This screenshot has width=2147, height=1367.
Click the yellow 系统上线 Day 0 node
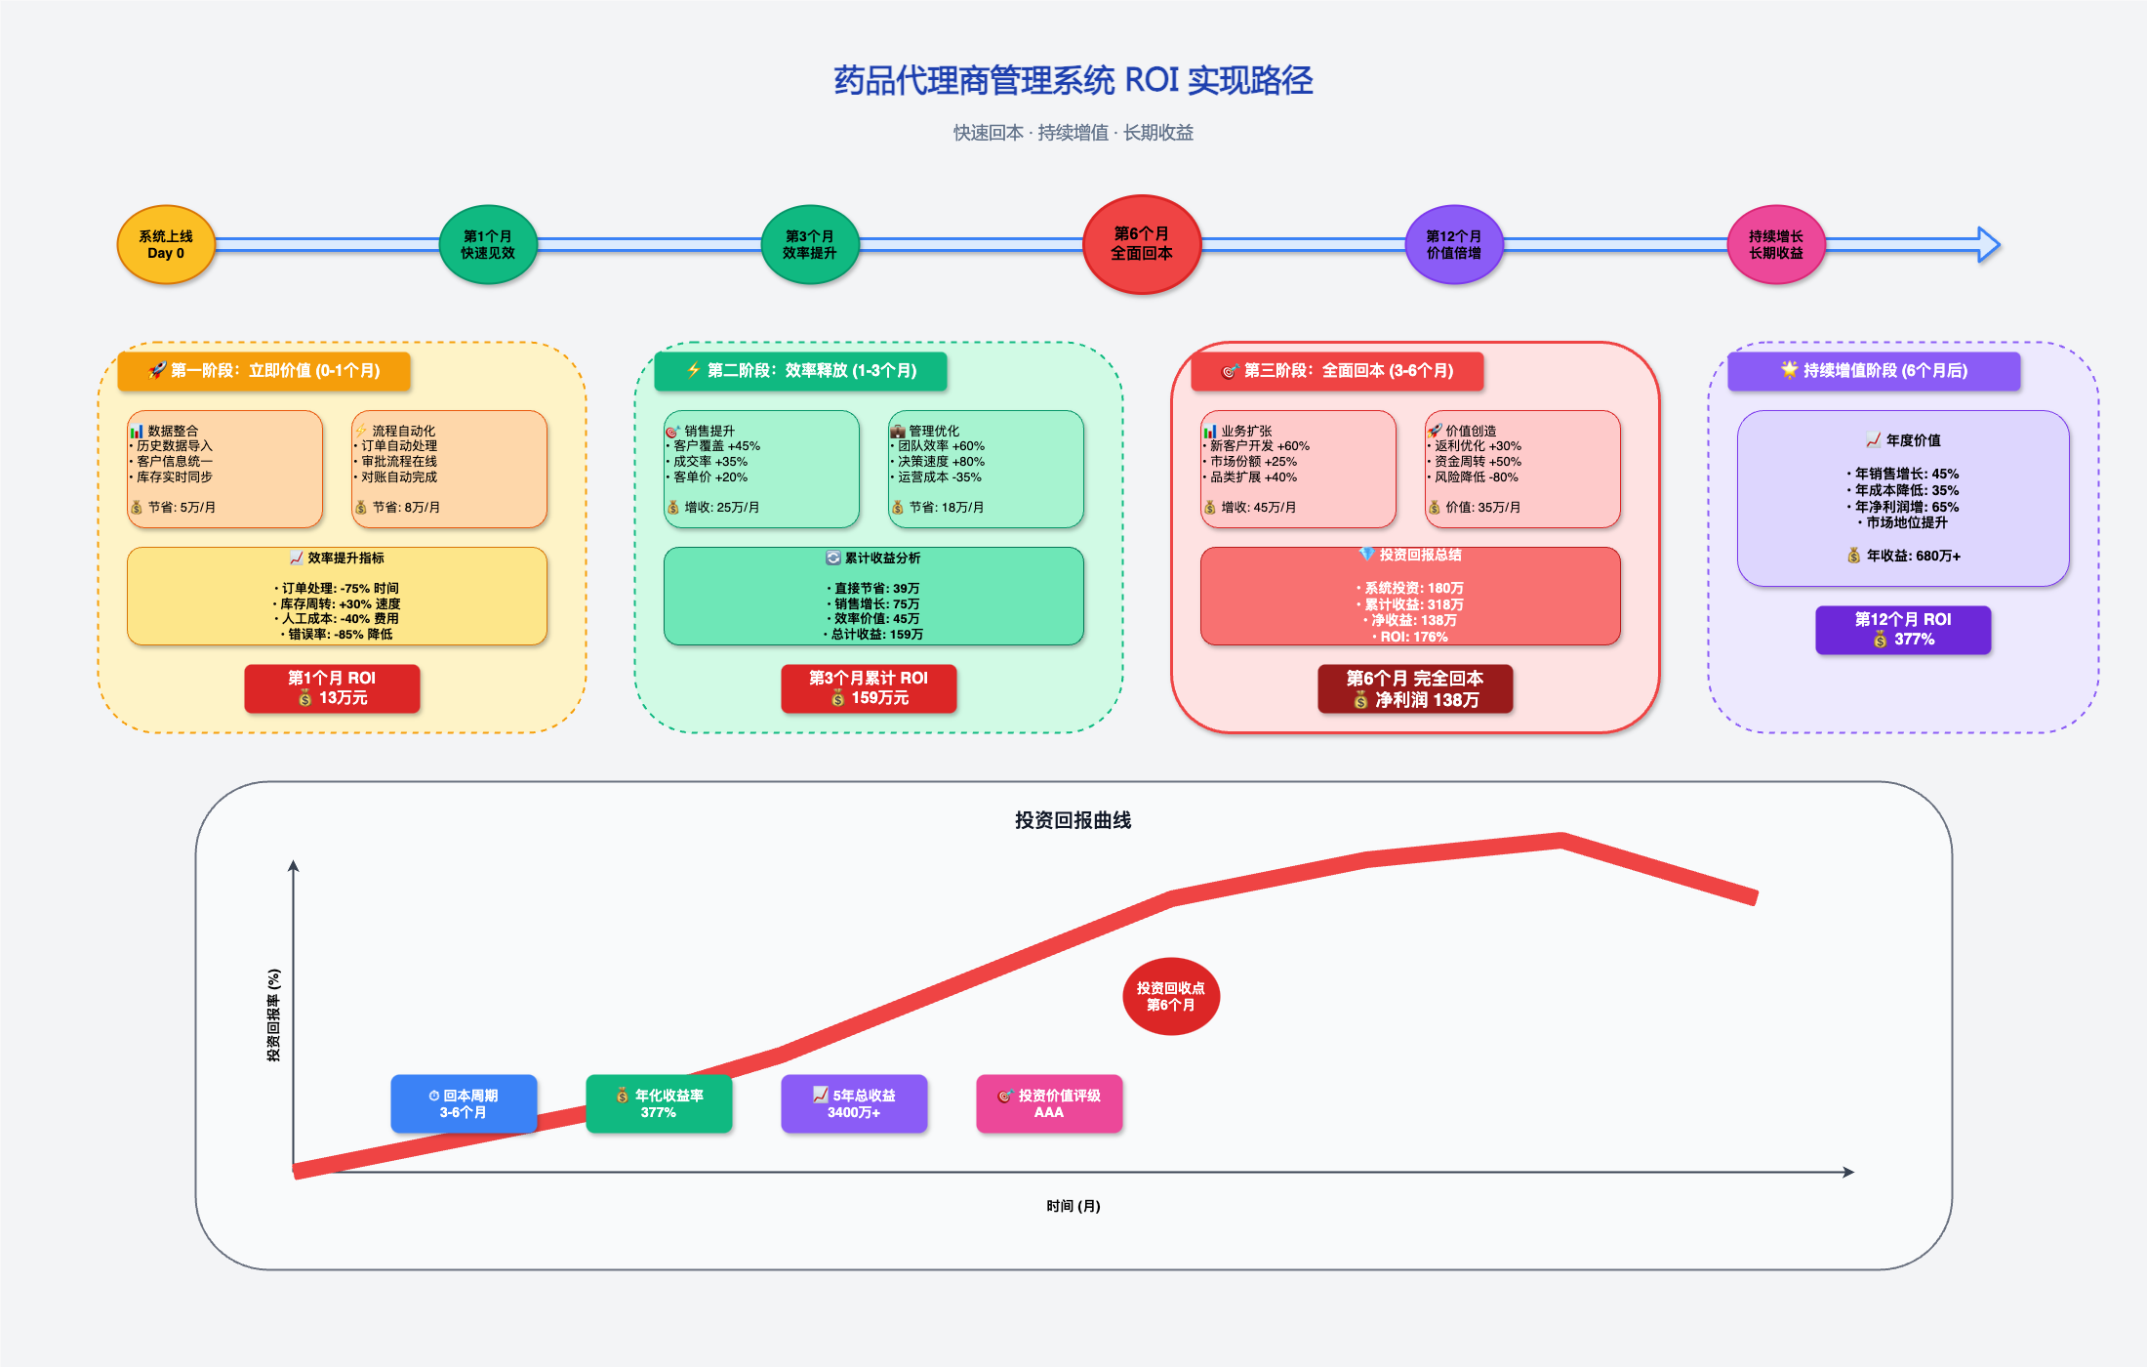click(x=166, y=245)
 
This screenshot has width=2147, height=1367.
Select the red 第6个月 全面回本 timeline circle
click(x=1142, y=244)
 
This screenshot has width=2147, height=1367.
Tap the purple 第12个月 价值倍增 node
click(x=1453, y=245)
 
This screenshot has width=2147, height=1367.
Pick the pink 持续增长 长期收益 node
click(x=1775, y=245)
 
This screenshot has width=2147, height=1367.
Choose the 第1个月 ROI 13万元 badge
click(x=332, y=688)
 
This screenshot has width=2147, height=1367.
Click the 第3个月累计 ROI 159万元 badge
click(x=869, y=688)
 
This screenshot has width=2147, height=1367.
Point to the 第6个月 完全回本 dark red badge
click(x=1415, y=688)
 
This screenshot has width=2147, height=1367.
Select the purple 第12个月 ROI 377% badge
click(x=1903, y=630)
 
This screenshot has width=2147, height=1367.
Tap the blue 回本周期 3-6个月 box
click(x=464, y=1103)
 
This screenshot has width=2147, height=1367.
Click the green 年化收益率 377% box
click(x=659, y=1103)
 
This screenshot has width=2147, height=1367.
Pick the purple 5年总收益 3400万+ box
click(x=854, y=1103)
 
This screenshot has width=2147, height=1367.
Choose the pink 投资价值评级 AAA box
click(x=1049, y=1103)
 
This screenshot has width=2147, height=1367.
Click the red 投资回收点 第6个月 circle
click(x=1171, y=996)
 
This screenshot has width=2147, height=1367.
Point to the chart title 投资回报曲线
click(x=1073, y=820)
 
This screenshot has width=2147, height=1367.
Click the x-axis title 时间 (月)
click(x=1073, y=1206)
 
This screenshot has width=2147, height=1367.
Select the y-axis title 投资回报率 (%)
click(x=274, y=1015)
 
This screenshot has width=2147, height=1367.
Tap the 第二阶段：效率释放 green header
click(x=800, y=371)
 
